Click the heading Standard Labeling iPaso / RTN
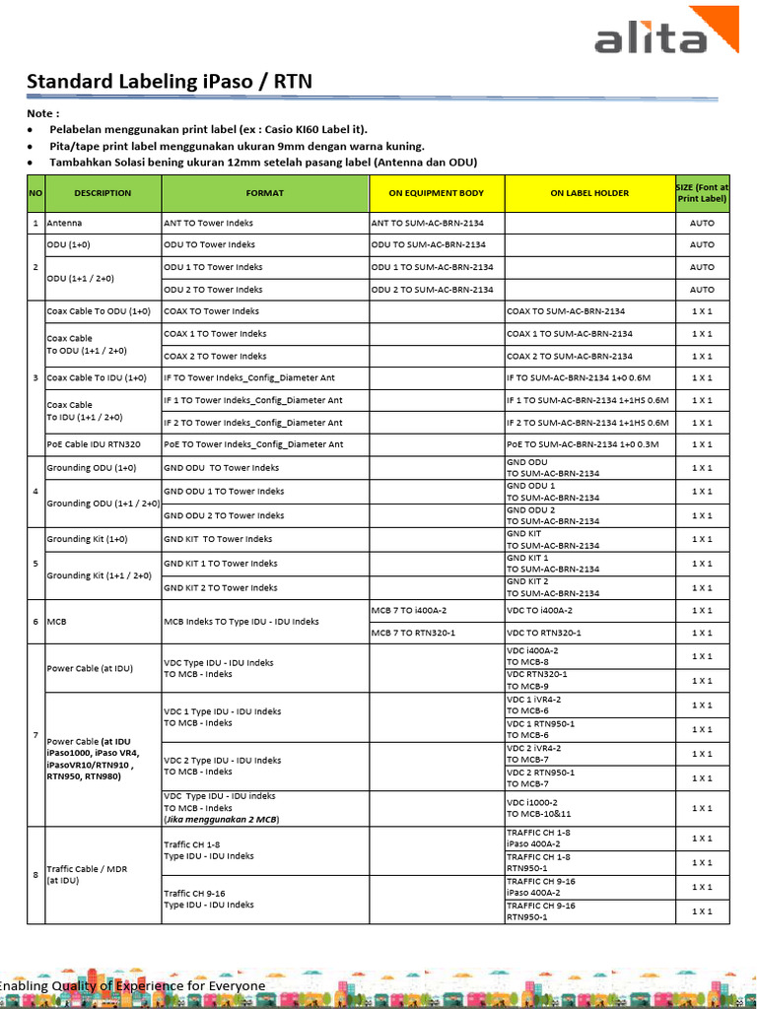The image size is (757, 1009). point(169,82)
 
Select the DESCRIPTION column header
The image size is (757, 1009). point(103,193)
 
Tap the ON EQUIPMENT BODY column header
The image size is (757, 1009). point(437,193)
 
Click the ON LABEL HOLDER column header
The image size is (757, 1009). point(589,193)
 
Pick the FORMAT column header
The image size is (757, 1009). point(264,193)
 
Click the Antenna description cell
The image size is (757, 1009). point(65,224)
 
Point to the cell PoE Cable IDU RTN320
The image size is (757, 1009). point(94,444)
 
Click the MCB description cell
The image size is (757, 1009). point(57,622)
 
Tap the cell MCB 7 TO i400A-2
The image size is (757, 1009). point(407,611)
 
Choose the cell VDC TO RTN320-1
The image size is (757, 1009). point(544,633)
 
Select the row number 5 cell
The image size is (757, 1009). point(35,564)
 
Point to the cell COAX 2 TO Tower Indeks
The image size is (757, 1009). point(215,356)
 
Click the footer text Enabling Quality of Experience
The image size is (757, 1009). point(132,985)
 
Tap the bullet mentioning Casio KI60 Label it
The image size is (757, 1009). point(208,130)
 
